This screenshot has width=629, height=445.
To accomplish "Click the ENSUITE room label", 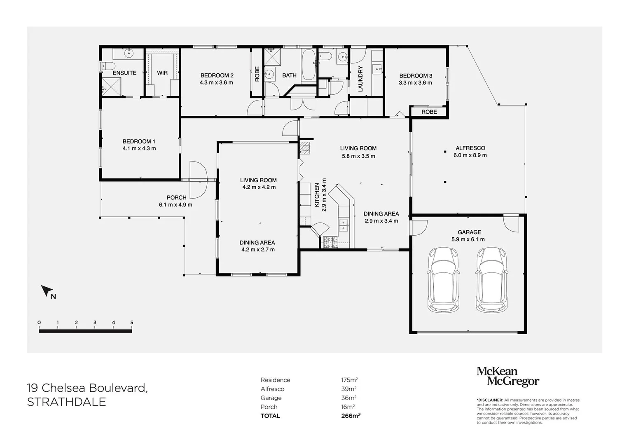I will point(124,73).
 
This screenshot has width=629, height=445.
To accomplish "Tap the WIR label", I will point(162,73).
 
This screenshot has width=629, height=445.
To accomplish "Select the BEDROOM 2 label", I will point(217,75).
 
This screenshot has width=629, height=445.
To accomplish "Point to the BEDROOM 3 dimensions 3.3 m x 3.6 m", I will point(416,83).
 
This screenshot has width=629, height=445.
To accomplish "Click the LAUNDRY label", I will point(360,79).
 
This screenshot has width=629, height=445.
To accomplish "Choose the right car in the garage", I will point(492,279).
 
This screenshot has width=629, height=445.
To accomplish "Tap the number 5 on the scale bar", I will point(132,323).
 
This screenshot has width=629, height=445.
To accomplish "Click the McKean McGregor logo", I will point(507,376).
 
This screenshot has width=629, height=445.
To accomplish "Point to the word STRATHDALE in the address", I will point(66,402).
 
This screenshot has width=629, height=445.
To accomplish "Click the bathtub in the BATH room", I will point(309,65).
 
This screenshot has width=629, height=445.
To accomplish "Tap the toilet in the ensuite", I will point(108,66).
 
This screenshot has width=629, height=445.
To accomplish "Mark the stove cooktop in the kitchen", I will point(330,243).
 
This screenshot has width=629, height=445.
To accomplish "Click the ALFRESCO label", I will point(470,148).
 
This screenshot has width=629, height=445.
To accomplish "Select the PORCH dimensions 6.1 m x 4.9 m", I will point(175,205).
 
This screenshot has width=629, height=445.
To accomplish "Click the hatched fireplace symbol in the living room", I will point(305,148).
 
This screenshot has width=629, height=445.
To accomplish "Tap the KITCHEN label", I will point(317,195).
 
